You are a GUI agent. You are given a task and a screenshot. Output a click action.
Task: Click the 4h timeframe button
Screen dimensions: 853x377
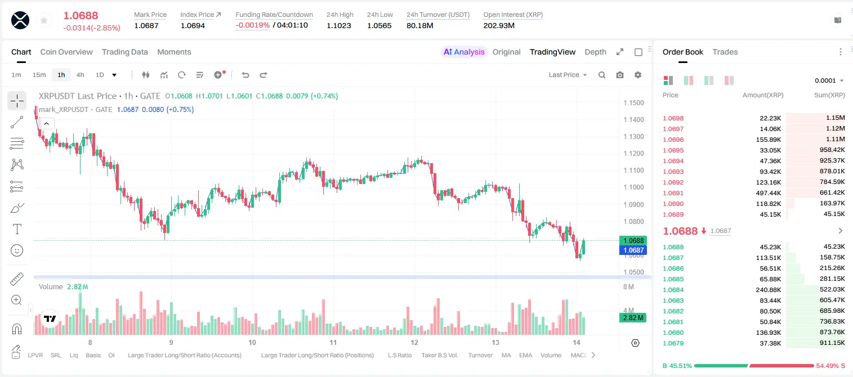tap(80, 75)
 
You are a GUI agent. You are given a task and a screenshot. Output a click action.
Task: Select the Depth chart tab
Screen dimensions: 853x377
tap(595, 52)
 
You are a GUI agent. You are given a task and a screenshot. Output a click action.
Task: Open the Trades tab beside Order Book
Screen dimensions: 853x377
tap(725, 52)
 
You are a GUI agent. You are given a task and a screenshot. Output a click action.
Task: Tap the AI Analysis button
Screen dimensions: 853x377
tap(464, 52)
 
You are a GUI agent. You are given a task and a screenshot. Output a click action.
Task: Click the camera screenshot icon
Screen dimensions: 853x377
tap(620, 75)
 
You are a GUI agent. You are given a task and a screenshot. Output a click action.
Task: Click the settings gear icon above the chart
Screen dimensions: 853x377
tap(638, 75)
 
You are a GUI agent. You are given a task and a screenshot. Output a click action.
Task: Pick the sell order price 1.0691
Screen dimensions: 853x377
tap(673, 193)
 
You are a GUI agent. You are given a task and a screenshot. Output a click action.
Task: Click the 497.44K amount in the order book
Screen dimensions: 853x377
tap(769, 193)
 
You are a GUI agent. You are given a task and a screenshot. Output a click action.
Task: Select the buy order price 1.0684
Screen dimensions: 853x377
tap(673, 290)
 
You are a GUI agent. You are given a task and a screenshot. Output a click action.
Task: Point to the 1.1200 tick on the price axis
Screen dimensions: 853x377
tap(633, 153)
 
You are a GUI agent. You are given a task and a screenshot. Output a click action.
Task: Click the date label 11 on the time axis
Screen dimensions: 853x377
tap(333, 342)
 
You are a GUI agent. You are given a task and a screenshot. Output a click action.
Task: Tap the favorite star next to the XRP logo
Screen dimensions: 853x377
tap(44, 20)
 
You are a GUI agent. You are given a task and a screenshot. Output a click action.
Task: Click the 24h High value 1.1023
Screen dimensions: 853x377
tap(339, 25)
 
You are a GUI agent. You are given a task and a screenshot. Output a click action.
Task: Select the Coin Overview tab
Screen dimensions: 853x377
tap(66, 52)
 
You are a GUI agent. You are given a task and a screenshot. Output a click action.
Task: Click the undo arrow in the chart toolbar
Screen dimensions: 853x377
tap(245, 75)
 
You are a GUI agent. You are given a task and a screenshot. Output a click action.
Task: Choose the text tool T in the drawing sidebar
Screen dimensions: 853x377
tap(17, 229)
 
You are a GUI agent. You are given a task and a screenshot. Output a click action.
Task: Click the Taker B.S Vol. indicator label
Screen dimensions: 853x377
tap(440, 355)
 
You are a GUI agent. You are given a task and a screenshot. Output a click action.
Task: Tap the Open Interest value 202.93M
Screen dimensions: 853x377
tap(499, 25)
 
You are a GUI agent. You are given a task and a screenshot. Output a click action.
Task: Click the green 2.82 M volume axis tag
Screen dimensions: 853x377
tap(633, 318)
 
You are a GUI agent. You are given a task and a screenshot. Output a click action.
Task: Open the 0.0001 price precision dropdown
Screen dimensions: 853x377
tap(829, 80)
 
